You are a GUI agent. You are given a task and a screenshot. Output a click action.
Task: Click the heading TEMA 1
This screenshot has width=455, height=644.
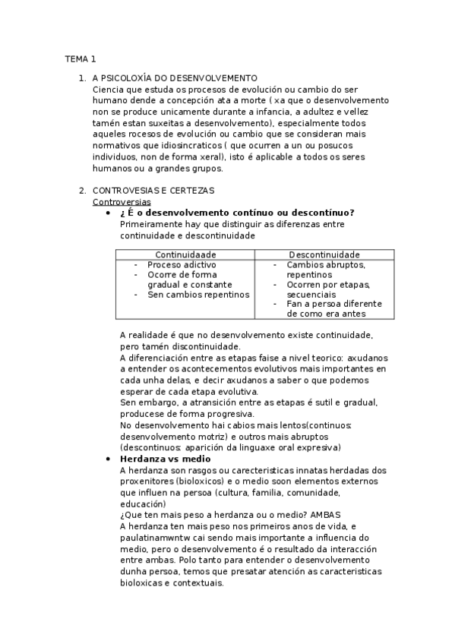80,58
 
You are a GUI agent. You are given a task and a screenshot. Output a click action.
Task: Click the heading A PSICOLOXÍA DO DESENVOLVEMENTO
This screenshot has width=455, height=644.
175,78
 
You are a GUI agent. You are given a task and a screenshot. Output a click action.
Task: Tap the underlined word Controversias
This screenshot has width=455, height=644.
121,201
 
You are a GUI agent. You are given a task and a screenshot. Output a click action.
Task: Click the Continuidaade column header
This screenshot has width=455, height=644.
186,254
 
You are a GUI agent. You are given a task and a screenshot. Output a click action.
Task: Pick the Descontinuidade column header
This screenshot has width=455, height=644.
324,254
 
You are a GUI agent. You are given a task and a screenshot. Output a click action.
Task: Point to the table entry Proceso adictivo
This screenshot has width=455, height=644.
182,264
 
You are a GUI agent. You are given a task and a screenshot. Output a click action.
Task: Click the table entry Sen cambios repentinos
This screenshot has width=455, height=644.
198,294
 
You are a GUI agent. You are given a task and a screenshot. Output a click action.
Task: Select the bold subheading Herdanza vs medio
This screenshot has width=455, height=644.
166,459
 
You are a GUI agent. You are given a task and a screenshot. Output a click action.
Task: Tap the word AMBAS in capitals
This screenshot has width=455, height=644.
309,515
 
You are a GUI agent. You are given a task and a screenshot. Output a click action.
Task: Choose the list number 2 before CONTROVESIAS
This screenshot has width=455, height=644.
83,190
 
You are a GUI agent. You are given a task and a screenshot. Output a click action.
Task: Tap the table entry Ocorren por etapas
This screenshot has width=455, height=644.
328,284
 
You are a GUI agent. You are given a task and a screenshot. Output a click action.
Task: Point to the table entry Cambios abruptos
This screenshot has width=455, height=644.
326,264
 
